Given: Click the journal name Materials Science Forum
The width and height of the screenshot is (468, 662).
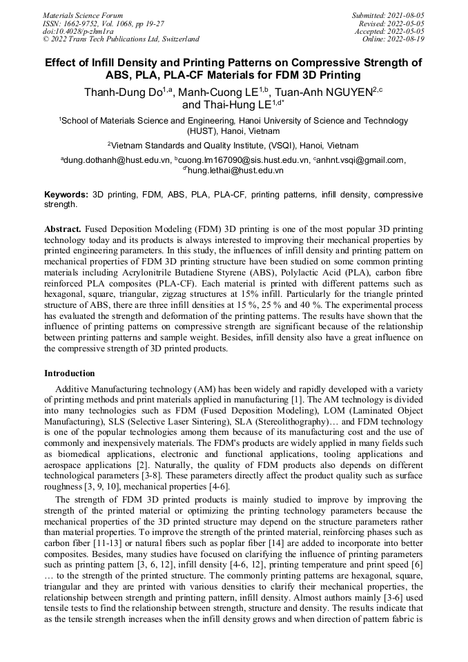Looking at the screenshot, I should [x=83, y=14].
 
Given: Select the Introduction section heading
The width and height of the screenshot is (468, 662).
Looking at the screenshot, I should [x=70, y=373].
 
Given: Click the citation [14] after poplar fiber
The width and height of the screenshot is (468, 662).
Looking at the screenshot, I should [x=270, y=554].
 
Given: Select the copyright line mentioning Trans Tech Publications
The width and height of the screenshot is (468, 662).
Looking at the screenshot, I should [x=121, y=39].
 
